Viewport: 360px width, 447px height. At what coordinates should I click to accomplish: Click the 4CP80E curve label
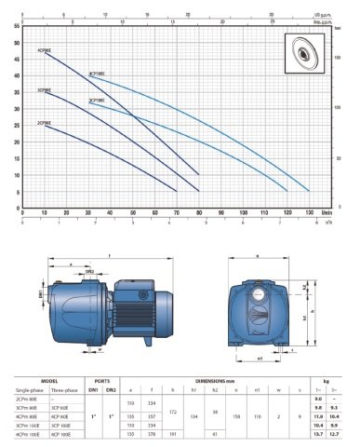[45, 49]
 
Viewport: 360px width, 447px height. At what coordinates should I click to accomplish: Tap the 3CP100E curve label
[97, 98]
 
